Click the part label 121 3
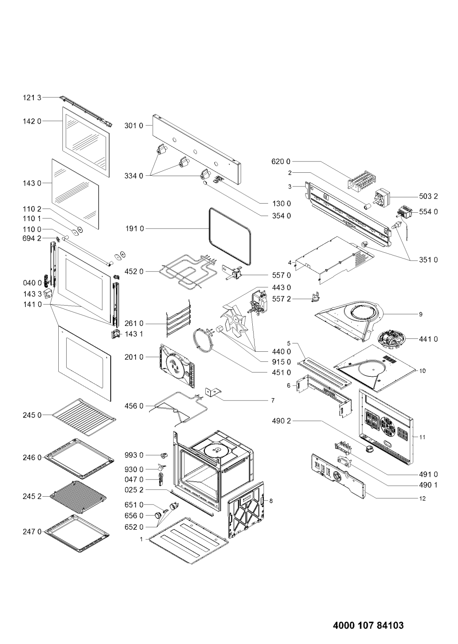point(32,98)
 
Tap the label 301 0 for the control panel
point(134,126)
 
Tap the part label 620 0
point(281,162)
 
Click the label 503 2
point(428,196)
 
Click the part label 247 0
point(32,532)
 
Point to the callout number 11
point(422,437)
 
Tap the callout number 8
point(271,501)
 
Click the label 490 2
point(281,421)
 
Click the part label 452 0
point(134,271)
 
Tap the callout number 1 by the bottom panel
point(141,540)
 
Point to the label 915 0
point(281,362)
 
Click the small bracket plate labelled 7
point(213,393)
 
